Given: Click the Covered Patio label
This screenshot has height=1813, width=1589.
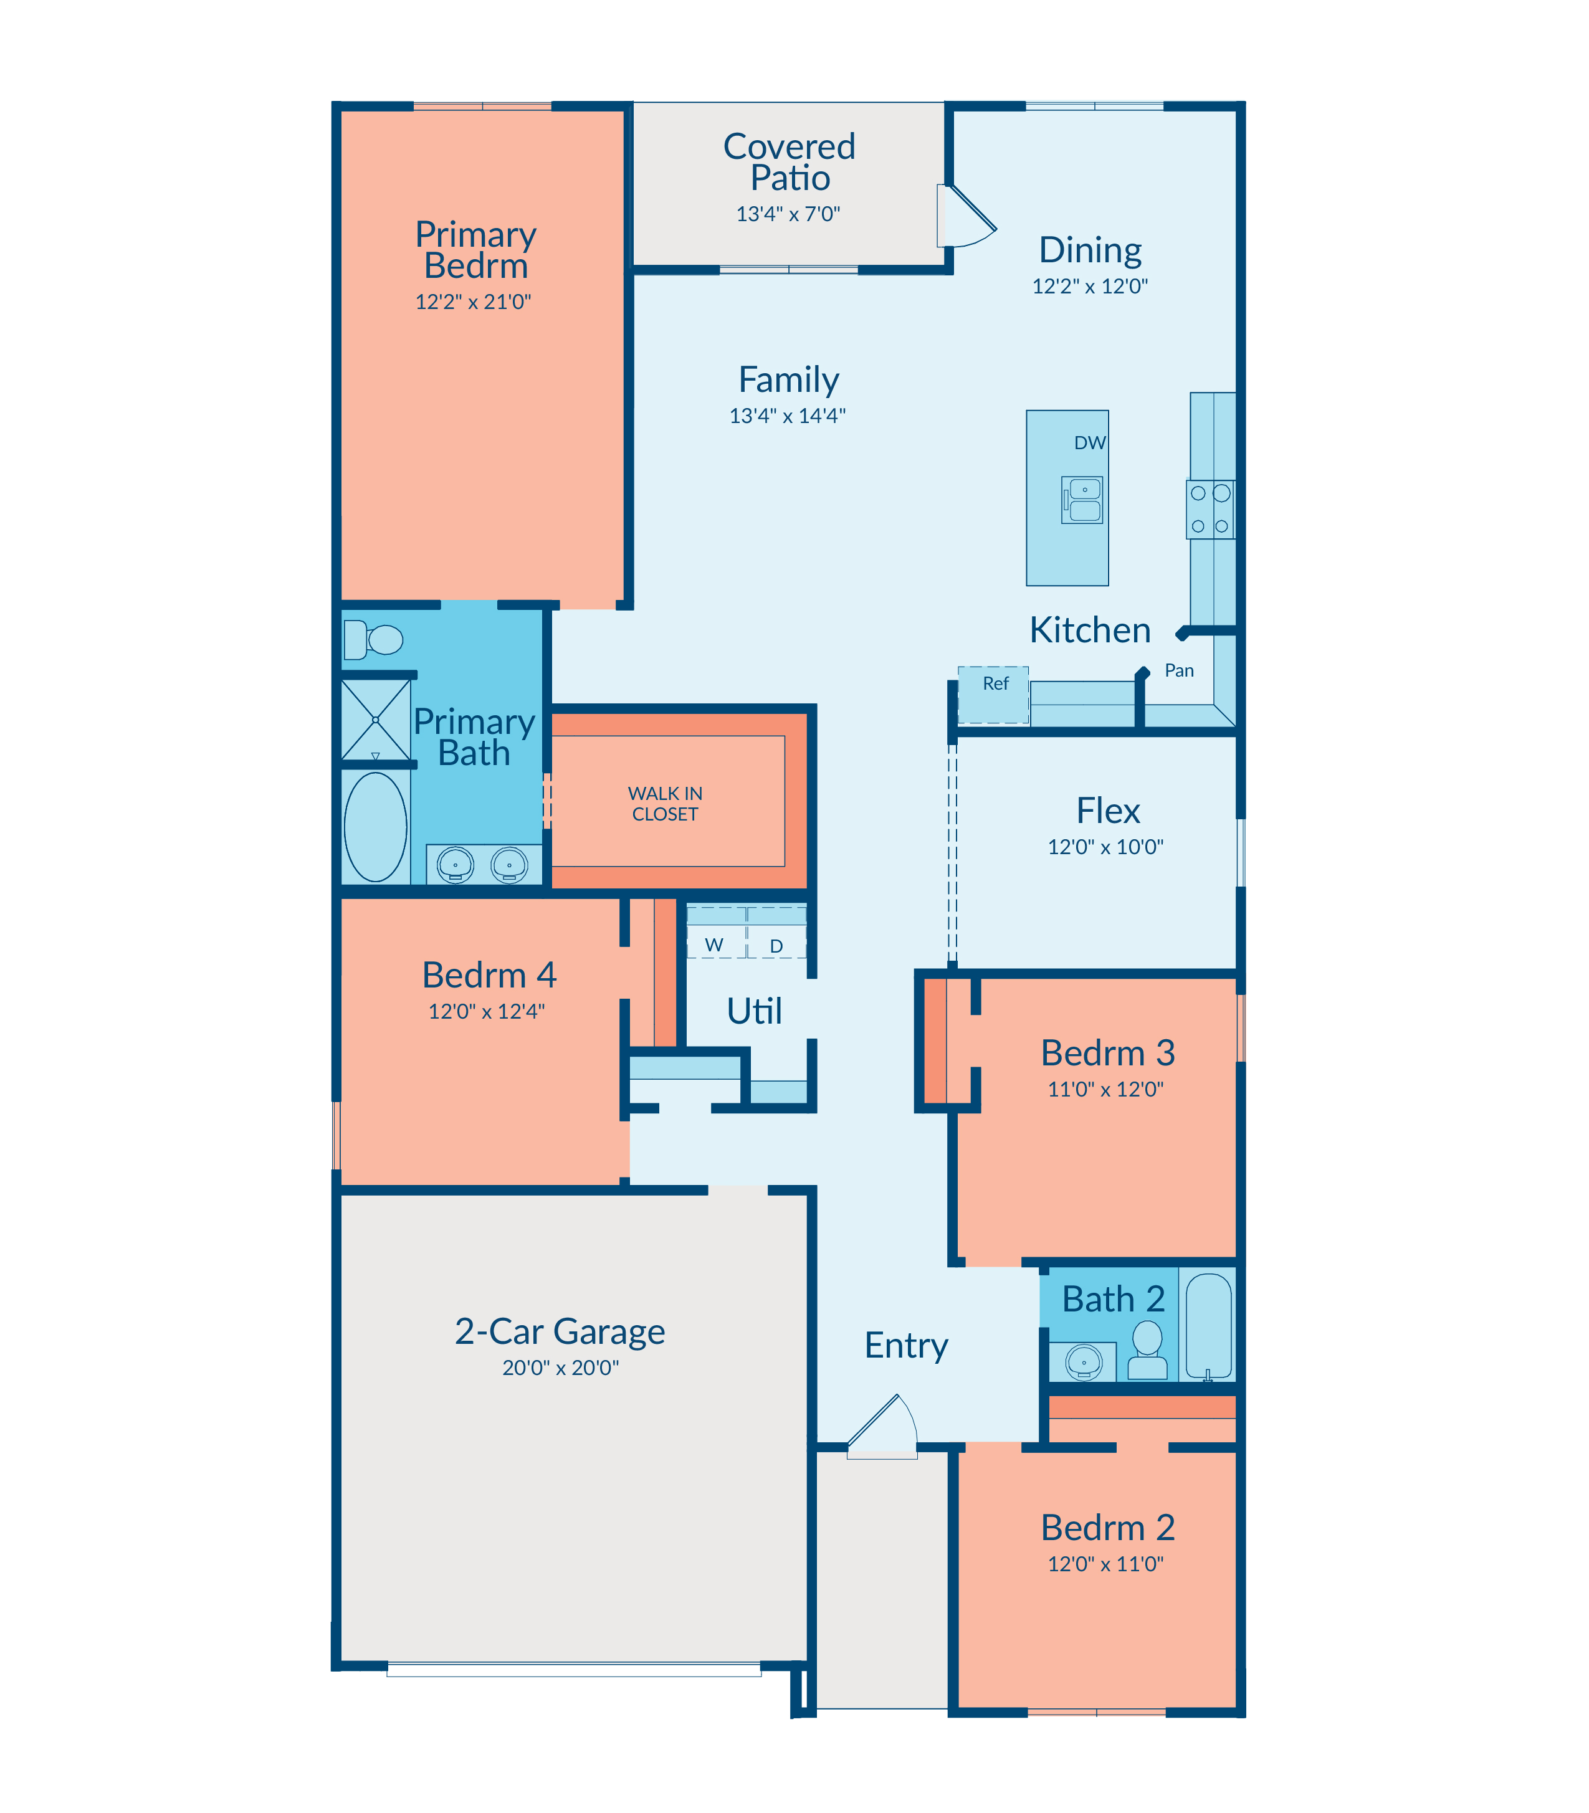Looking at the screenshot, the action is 789,162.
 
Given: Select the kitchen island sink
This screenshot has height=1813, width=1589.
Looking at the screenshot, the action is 1082,500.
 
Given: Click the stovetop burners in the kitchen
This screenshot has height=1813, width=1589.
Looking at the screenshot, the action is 1210,510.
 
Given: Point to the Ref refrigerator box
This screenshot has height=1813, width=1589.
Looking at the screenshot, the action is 993,695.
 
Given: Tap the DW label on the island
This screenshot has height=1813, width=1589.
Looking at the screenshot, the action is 1090,442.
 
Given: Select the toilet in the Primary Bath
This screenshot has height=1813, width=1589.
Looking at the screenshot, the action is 373,639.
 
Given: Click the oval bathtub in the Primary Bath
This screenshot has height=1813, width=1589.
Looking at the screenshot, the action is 376,827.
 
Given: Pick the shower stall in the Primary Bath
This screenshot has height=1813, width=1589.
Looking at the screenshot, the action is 376,719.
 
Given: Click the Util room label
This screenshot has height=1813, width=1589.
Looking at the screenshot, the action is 754,1011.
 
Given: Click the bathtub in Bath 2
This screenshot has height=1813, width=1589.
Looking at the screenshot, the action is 1209,1326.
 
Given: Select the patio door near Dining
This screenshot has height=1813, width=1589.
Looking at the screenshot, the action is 966,216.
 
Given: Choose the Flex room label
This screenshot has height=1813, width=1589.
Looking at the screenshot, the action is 1107,811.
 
